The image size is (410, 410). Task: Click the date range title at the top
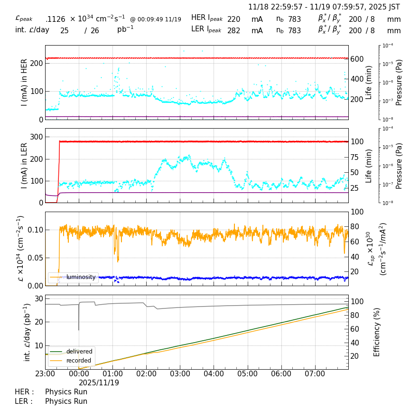pyautogui.click(x=324, y=7)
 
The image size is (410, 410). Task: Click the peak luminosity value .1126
pyautogui.click(x=55, y=19)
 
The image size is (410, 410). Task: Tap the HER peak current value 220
pyautogui.click(x=233, y=19)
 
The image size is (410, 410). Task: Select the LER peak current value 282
pyautogui.click(x=233, y=31)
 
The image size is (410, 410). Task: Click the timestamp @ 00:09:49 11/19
pyautogui.click(x=156, y=19)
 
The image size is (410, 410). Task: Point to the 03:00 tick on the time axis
pyautogui.click(x=180, y=374)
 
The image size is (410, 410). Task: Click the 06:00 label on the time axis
pyautogui.click(x=281, y=374)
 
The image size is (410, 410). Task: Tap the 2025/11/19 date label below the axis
pyautogui.click(x=99, y=382)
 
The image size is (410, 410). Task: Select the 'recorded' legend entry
pyautogui.click(x=79, y=361)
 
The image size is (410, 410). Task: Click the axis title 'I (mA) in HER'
pyautogui.click(x=24, y=82)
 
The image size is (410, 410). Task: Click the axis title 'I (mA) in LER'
pyautogui.click(x=24, y=165)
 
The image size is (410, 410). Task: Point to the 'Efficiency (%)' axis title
pyautogui.click(x=377, y=332)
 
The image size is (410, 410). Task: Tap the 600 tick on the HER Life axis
pyautogui.click(x=357, y=59)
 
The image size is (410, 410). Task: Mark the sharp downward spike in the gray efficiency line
pyautogui.click(x=79, y=329)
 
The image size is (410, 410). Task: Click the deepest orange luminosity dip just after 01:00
pyautogui.click(x=118, y=261)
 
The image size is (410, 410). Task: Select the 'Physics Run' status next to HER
pyautogui.click(x=66, y=392)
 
